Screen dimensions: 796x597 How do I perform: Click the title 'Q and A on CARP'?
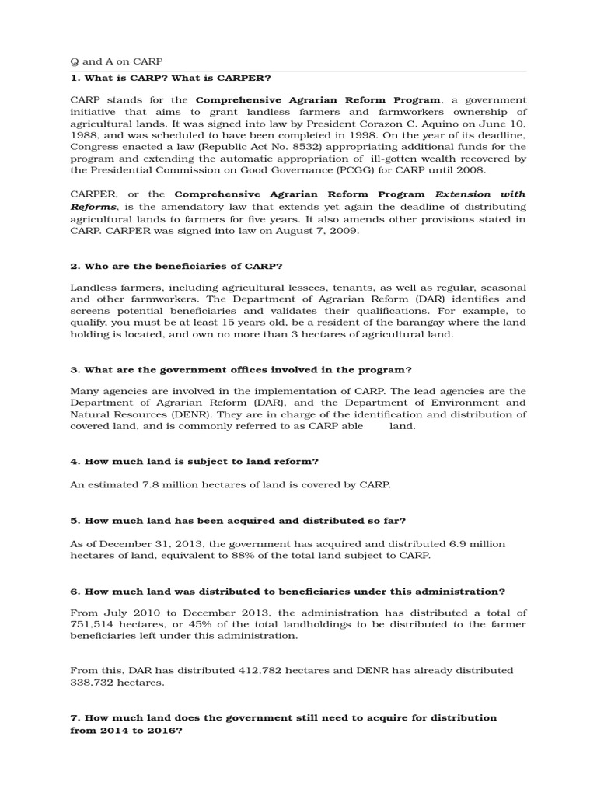[x=117, y=61]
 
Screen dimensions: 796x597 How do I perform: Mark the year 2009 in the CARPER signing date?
[x=346, y=231]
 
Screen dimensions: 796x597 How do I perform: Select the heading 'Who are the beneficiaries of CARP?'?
[x=176, y=267]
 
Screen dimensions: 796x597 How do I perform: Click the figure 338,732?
[x=92, y=682]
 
